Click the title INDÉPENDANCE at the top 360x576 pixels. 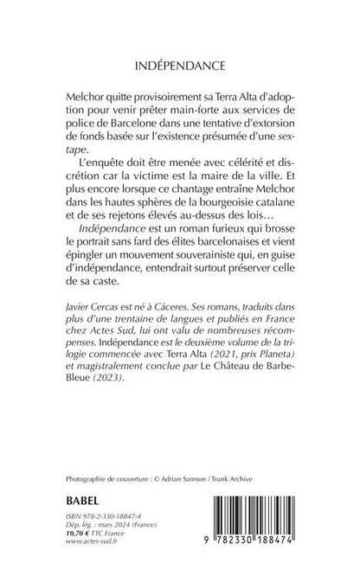[x=180, y=64]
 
